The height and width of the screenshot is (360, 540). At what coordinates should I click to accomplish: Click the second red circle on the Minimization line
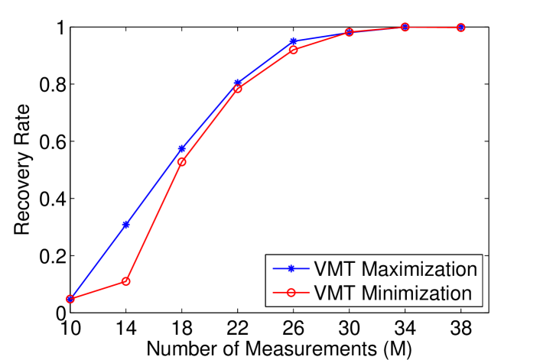click(126, 281)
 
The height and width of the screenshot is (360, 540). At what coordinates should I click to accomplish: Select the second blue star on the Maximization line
click(126, 225)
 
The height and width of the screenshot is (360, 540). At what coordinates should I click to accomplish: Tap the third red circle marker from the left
click(182, 162)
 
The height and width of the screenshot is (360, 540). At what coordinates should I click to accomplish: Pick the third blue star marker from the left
click(182, 149)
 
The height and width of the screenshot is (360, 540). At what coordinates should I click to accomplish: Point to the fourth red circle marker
click(238, 89)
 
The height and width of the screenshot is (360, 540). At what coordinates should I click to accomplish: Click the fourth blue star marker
click(238, 83)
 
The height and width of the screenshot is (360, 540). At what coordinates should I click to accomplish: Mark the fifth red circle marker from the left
click(294, 50)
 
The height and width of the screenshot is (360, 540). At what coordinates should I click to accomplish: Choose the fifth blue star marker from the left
click(294, 42)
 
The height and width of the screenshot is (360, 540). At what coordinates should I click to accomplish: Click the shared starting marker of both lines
click(70, 299)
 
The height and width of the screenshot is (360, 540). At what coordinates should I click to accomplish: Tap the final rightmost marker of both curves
click(460, 28)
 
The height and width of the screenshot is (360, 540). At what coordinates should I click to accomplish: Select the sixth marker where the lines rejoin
click(350, 32)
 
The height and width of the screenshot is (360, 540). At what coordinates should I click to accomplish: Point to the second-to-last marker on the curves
click(405, 27)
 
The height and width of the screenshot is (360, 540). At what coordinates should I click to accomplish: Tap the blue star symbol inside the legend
click(291, 269)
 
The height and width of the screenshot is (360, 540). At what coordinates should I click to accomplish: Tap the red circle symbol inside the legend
click(291, 293)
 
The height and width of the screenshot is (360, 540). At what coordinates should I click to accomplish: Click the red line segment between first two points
click(98, 290)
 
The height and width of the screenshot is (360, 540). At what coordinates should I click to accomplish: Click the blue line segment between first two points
click(98, 262)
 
